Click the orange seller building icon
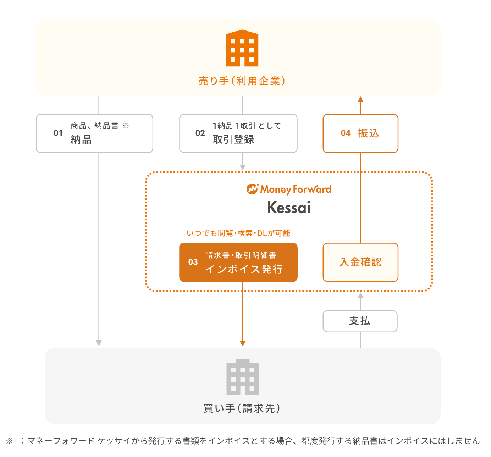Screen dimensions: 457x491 tap(242, 48)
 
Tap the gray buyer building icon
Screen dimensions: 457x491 tap(243, 377)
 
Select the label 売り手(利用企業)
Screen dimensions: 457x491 tap(242, 81)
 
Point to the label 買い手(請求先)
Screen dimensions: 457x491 tap(242, 408)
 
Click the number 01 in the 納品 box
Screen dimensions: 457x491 tap(58, 133)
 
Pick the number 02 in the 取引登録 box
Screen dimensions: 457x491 tap(200, 133)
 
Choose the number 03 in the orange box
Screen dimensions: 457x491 tap(193, 262)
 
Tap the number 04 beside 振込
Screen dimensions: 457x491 tap(346, 133)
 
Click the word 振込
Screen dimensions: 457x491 tap(369, 133)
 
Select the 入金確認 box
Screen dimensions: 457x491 tap(360, 262)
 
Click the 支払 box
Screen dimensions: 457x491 tap(360, 321)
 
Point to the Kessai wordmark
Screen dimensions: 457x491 tap(289, 208)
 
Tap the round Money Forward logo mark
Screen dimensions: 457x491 tap(252, 189)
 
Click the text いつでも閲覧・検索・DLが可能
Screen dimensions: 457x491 tap(238, 233)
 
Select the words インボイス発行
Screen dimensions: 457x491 tap(244, 269)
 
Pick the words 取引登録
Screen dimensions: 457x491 tap(233, 140)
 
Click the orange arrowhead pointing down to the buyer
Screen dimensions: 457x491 tap(243, 343)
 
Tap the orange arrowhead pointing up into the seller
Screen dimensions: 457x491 tap(360, 100)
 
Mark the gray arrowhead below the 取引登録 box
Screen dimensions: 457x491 tap(243, 167)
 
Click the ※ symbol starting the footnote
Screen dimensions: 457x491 tap(10, 441)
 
